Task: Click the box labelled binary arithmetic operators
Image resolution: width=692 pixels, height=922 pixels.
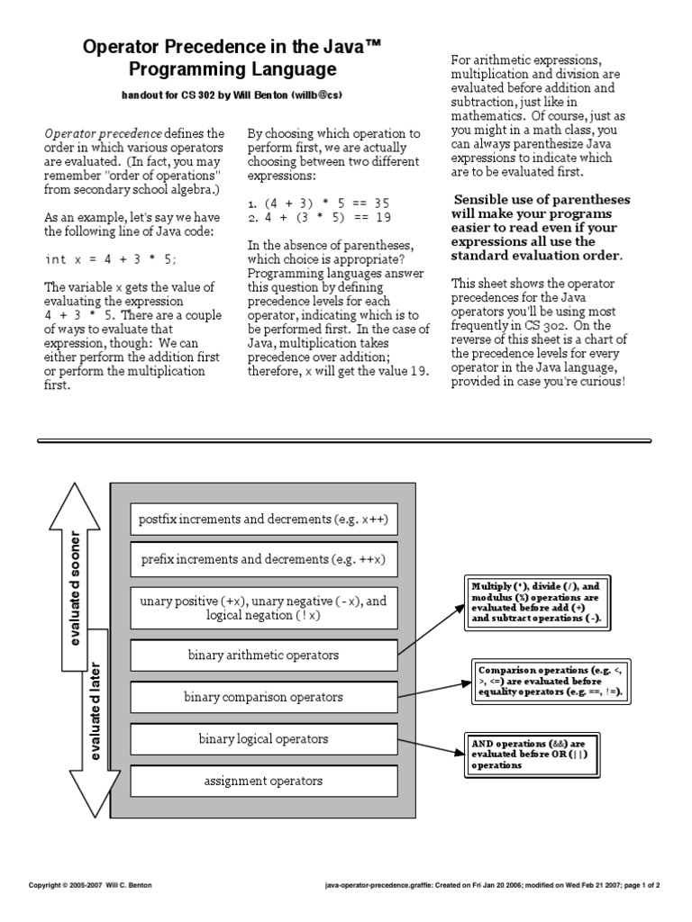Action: (x=263, y=655)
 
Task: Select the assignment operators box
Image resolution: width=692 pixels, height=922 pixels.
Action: (x=263, y=781)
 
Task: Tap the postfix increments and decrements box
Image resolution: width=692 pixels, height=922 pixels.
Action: (x=263, y=520)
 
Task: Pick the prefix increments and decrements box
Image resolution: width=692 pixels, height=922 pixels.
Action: (x=263, y=559)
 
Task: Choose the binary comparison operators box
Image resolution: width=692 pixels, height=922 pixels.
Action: (x=263, y=697)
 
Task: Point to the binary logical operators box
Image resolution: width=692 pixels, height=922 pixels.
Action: (x=263, y=739)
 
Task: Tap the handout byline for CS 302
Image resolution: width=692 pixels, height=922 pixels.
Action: (x=232, y=95)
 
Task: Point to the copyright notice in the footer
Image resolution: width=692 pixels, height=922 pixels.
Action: (x=90, y=885)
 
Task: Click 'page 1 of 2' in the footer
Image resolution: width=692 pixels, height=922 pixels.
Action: (x=639, y=885)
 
